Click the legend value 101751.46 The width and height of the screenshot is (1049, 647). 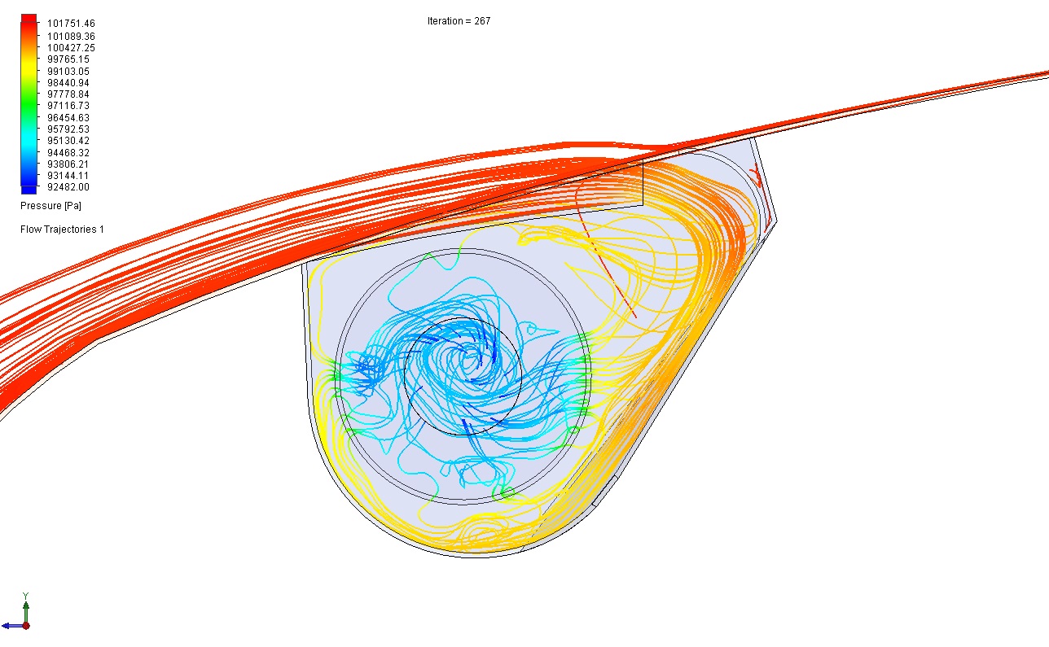pos(71,24)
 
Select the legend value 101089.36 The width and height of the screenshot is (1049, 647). pos(71,37)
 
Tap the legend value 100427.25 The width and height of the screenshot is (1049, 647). pos(71,48)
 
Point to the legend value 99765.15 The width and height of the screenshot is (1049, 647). pos(68,59)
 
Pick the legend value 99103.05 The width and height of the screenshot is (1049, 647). pos(68,71)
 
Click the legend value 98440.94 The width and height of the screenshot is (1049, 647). pos(68,83)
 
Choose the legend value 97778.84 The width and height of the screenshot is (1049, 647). pos(68,94)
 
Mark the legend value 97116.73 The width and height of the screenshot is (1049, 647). pos(68,106)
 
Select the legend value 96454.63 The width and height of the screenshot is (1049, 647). pos(68,117)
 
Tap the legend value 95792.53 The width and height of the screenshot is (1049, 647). pos(68,129)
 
